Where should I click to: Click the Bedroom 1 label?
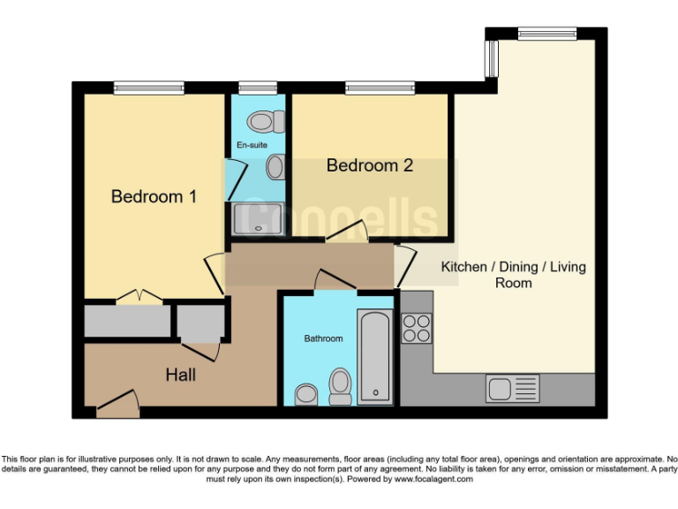click(154, 196)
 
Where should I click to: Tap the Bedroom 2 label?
click(370, 165)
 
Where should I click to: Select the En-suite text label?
click(252, 144)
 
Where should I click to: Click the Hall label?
click(180, 375)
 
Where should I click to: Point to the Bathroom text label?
click(323, 338)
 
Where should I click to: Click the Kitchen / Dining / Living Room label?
click(513, 275)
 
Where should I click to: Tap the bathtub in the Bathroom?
click(375, 357)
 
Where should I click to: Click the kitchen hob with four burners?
click(417, 329)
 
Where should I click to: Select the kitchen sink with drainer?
click(513, 388)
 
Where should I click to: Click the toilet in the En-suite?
click(263, 121)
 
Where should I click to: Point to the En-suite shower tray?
click(258, 220)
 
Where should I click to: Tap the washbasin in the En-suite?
click(275, 166)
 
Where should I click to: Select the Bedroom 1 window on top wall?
click(148, 87)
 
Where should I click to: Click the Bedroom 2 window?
click(380, 87)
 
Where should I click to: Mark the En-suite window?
click(258, 87)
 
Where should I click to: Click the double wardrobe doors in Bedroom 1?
click(139, 299)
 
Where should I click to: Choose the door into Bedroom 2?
click(347, 234)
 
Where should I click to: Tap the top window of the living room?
click(547, 34)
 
